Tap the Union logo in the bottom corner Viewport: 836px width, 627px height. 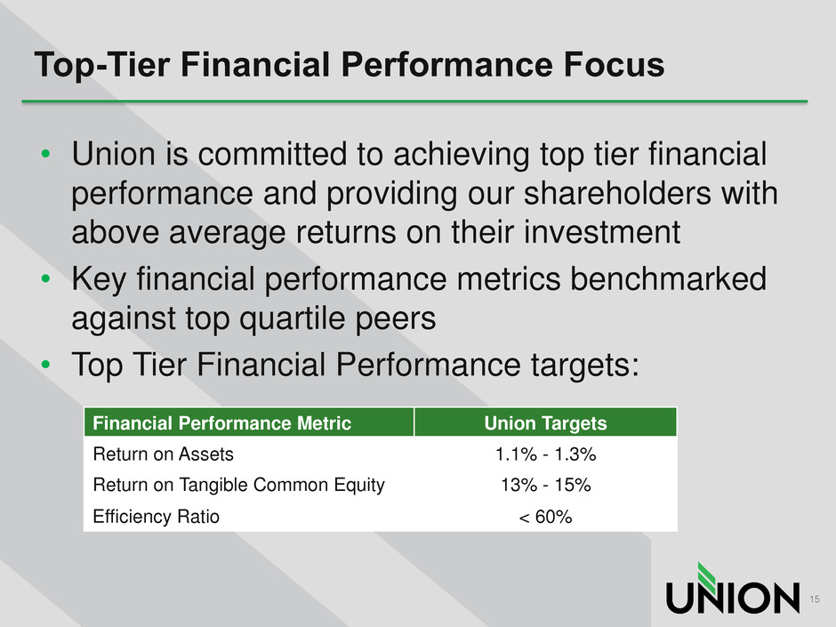[733, 589]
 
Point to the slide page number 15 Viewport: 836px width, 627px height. [814, 599]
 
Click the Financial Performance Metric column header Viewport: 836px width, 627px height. [221, 423]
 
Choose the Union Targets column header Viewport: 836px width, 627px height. [545, 423]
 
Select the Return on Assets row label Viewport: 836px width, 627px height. [163, 454]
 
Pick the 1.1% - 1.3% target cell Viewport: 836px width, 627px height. [545, 454]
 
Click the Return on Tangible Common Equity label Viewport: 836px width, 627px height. [239, 486]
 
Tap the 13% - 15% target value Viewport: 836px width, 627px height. [545, 486]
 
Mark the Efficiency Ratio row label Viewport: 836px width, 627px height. [157, 517]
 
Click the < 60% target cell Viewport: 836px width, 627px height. [545, 517]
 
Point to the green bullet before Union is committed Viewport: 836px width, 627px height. [45, 154]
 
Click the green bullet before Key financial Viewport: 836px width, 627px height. [45, 279]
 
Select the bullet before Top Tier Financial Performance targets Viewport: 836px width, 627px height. [45, 365]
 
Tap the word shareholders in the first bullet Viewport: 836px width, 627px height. [617, 193]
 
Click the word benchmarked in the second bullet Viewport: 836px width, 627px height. [669, 279]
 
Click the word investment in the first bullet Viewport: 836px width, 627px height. [602, 232]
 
